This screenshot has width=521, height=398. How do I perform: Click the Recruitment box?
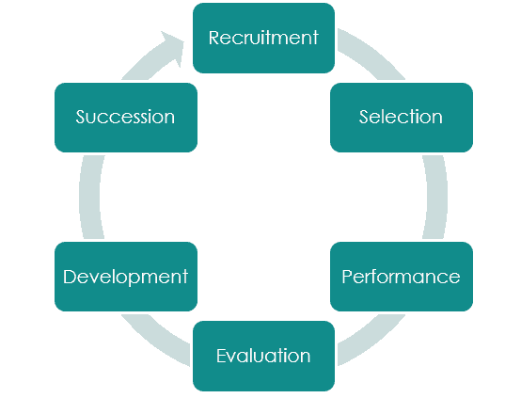263,38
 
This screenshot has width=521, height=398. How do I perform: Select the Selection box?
402,118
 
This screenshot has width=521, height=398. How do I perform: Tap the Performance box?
402,277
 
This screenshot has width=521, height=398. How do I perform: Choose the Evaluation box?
263,356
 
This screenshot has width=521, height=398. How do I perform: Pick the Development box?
126,277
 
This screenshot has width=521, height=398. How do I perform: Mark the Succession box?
126,118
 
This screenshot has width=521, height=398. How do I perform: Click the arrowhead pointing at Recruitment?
173,46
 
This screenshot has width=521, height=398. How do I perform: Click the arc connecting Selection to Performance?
436,197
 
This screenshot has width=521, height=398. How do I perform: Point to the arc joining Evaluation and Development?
155,339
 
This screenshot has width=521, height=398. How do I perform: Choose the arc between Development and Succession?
89,197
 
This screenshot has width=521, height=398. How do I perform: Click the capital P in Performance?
347,277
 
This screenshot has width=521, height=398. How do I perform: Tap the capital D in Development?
70,277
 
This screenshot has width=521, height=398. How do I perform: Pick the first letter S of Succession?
81,117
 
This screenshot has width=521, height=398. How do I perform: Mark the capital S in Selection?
364,117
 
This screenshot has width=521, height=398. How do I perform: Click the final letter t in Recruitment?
315,38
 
